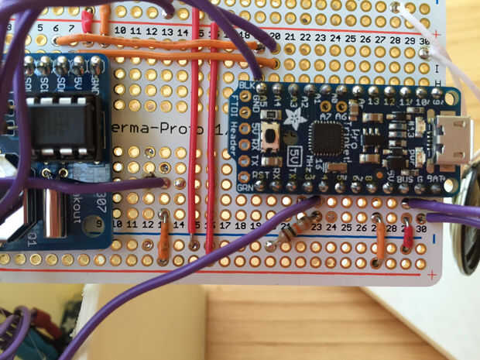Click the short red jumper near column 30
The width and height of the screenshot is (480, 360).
(x=408, y=235)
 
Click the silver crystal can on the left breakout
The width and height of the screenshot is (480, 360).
(x=50, y=213)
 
